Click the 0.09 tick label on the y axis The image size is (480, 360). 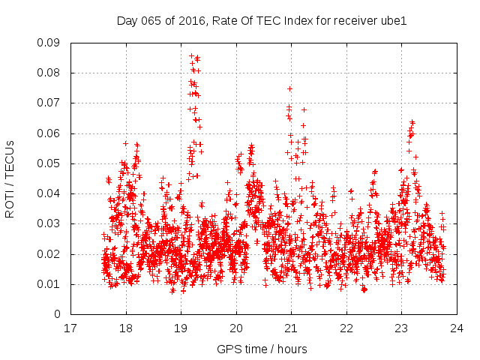pyautogui.click(x=49, y=43)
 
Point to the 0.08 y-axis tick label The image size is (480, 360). pyautogui.click(x=49, y=73)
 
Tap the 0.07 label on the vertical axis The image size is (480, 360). pyautogui.click(x=49, y=103)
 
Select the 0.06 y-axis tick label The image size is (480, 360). pyautogui.click(x=49, y=133)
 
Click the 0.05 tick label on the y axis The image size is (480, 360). pyautogui.click(x=49, y=163)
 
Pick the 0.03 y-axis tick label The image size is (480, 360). pyautogui.click(x=49, y=223)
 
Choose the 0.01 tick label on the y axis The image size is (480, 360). pyautogui.click(x=49, y=284)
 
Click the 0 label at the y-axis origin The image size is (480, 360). pyautogui.click(x=58, y=314)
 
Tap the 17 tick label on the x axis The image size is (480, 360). pyautogui.click(x=70, y=328)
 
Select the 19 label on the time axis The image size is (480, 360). pyautogui.click(x=181, y=328)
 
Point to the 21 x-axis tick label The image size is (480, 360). pyautogui.click(x=291, y=328)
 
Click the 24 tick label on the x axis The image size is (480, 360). pyautogui.click(x=456, y=328)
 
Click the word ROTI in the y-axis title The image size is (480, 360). pyautogui.click(x=10, y=203)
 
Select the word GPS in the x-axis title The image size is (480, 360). pyautogui.click(x=228, y=349)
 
